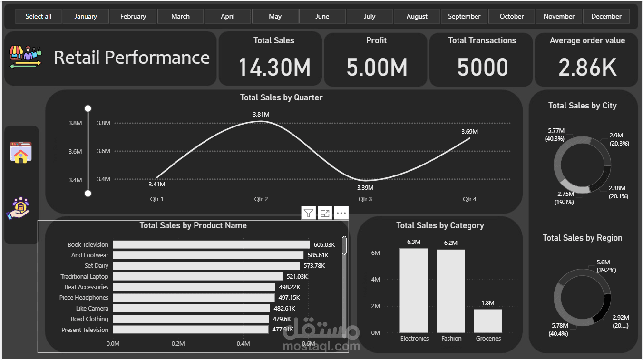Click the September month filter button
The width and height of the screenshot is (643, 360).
[x=464, y=16]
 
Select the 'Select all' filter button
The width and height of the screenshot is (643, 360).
[x=39, y=16]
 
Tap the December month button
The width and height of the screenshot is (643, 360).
[x=606, y=16]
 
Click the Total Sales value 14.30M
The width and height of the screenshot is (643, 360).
[x=274, y=67]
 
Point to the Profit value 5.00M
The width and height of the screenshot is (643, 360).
[x=377, y=67]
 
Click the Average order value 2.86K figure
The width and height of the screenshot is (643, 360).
[x=587, y=67]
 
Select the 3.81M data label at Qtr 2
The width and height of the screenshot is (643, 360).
[x=261, y=115]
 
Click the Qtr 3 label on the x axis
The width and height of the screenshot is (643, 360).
[x=365, y=199]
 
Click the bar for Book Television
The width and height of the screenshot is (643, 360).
[x=211, y=244]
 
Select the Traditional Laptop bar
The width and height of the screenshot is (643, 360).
[x=197, y=276]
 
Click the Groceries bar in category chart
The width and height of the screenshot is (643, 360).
[x=487, y=321]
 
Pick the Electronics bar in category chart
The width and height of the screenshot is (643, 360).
[x=413, y=291]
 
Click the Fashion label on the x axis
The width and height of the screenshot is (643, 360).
[x=451, y=338]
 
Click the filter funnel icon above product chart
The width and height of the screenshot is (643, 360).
[x=309, y=213]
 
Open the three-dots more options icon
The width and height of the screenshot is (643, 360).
[x=341, y=213]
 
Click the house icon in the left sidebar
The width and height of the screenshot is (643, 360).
[x=21, y=153]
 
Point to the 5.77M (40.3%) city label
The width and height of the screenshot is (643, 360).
[x=555, y=135]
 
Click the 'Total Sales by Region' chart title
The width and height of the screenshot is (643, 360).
[x=582, y=238]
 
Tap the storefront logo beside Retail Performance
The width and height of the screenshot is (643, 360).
[x=25, y=57]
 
